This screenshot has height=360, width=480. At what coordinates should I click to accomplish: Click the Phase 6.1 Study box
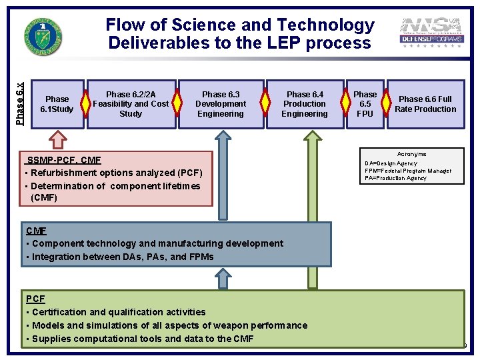[57, 104]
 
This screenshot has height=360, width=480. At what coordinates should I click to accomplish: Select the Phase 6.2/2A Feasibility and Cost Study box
[131, 104]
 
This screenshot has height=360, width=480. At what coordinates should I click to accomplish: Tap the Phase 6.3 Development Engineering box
[220, 104]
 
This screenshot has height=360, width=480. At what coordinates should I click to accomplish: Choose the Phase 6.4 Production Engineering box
[304, 104]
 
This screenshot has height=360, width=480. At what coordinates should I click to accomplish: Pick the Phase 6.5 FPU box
[365, 104]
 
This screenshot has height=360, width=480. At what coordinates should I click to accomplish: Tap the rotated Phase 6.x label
[20, 103]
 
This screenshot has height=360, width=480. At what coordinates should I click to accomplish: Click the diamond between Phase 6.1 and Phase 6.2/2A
[85, 103]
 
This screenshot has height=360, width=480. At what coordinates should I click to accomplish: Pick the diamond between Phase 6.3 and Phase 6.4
[265, 103]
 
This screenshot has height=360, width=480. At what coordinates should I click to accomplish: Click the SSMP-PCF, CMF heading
[63, 160]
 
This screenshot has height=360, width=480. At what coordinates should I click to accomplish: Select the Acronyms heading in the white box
[411, 154]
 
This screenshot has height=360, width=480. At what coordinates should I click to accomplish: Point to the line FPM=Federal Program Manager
[407, 171]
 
